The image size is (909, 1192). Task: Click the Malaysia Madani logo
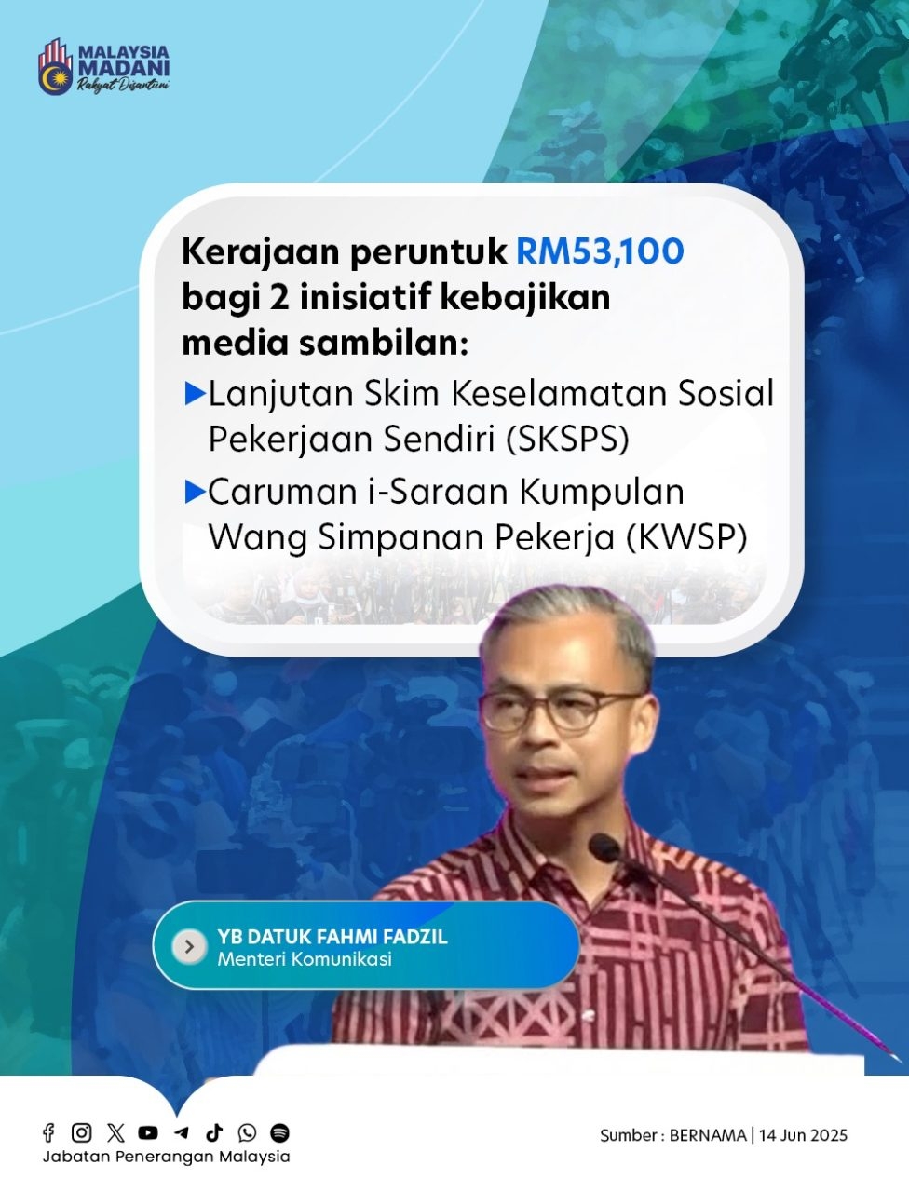coord(103,66)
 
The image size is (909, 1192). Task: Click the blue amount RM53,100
coord(600,251)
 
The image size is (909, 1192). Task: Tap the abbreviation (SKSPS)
coord(567,439)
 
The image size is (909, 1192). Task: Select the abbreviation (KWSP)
coord(686,537)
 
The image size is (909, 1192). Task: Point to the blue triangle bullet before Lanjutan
coord(196,393)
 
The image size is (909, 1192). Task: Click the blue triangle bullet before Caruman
coord(196,492)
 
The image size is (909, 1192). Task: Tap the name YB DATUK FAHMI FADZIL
coord(332,937)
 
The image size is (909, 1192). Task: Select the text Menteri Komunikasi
coord(305,959)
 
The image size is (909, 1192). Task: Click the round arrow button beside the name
coord(189,947)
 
